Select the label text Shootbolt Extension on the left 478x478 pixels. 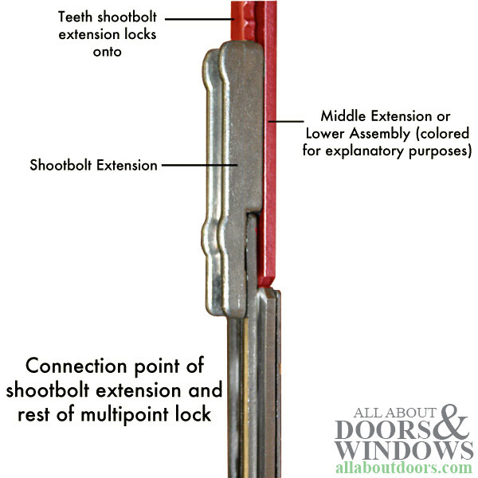[92, 166]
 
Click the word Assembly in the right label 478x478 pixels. [382, 132]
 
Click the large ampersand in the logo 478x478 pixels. [451, 427]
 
